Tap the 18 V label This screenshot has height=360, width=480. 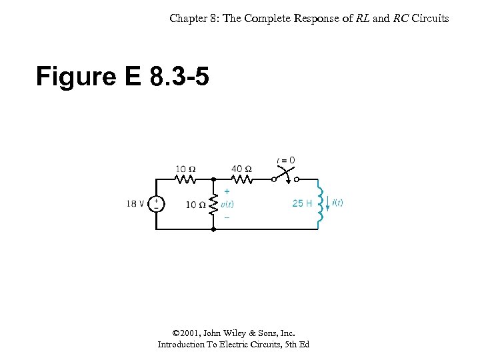click(135, 204)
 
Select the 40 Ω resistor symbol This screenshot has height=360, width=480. click(241, 179)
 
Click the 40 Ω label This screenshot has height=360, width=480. click(241, 169)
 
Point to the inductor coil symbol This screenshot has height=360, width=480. click(321, 203)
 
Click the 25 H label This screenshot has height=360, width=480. click(302, 203)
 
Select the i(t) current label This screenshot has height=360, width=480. click(337, 203)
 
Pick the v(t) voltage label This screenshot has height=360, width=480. click(227, 204)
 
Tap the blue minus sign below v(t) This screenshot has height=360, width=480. click(226, 217)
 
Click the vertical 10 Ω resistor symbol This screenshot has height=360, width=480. click(213, 205)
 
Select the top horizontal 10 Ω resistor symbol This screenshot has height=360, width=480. click(185, 179)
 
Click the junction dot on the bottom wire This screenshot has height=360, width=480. click(213, 229)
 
